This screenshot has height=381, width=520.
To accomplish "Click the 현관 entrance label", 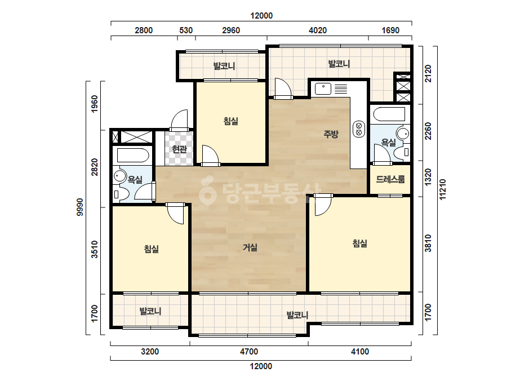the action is pyautogui.click(x=179, y=149).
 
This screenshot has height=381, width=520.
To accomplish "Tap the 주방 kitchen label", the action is pyautogui.click(x=331, y=134).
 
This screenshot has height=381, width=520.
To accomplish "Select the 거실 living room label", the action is pyautogui.click(x=250, y=247).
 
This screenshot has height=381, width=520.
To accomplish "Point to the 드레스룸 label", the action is pyautogui.click(x=390, y=180).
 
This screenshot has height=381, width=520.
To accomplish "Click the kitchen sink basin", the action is pyautogui.click(x=323, y=89).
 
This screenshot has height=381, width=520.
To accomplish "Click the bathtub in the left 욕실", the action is pyautogui.click(x=132, y=154).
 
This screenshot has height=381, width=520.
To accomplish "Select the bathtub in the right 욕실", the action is pyautogui.click(x=389, y=114).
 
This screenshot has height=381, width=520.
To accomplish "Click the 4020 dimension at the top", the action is pyautogui.click(x=318, y=30).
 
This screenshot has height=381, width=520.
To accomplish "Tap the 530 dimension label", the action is pyautogui.click(x=186, y=30).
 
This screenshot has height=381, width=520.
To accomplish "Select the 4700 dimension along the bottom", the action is pyautogui.click(x=249, y=352).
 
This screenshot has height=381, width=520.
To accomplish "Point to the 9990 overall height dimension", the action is pyautogui.click(x=80, y=207).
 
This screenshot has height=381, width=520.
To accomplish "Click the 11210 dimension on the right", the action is pyautogui.click(x=443, y=190).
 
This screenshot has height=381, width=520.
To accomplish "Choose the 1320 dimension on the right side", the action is pyautogui.click(x=428, y=178).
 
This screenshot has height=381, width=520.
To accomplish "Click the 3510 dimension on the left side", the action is pyautogui.click(x=95, y=250).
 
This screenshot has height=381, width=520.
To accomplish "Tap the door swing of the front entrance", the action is pyautogui.click(x=179, y=119).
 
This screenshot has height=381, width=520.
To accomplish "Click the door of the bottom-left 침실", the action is pyautogui.click(x=175, y=214).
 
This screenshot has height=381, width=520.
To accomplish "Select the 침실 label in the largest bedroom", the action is pyautogui.click(x=360, y=243).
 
